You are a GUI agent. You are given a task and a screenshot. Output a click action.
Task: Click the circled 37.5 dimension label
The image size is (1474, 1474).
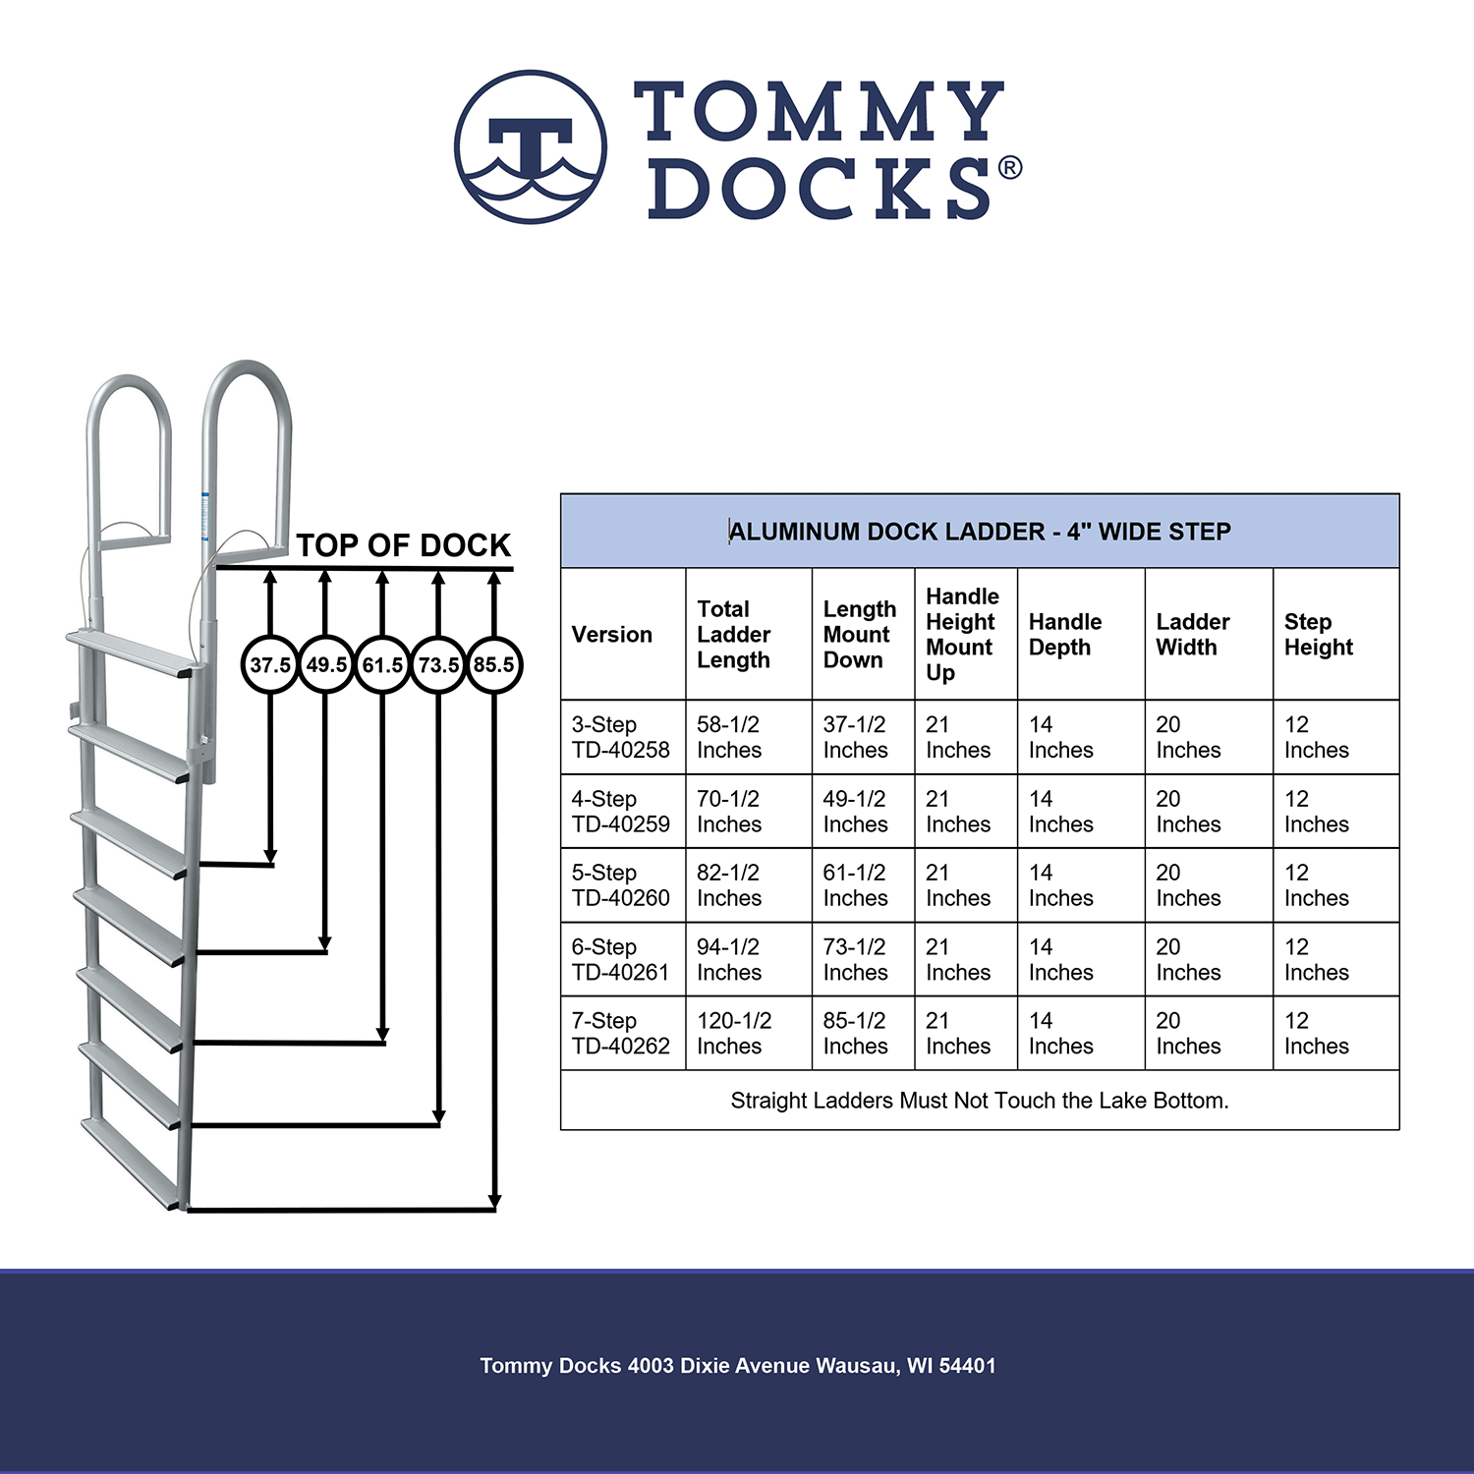(269, 665)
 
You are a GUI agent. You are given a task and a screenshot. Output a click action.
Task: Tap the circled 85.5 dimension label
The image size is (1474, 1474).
(493, 665)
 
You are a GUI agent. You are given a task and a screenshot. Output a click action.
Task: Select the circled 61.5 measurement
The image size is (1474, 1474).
(382, 665)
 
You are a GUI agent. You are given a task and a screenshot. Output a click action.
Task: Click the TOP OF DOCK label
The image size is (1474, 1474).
(404, 545)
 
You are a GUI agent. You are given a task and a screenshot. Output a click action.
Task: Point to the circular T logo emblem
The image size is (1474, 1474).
(531, 147)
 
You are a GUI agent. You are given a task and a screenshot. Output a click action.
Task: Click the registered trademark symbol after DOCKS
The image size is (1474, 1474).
(1009, 168)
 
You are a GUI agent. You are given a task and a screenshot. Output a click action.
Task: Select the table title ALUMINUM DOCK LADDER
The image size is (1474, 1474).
(980, 532)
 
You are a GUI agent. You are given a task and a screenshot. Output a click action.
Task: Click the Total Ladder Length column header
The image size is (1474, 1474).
(733, 635)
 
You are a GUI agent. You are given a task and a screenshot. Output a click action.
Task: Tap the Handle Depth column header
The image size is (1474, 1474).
(1065, 635)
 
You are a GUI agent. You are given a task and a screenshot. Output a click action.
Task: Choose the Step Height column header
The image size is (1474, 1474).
(1319, 635)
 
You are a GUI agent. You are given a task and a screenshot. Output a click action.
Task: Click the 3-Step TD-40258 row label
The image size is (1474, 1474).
(621, 737)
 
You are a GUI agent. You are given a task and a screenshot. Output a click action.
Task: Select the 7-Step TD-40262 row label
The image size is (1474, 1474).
(621, 1034)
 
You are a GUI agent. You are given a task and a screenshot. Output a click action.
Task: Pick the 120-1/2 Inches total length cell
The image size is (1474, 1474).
(734, 1034)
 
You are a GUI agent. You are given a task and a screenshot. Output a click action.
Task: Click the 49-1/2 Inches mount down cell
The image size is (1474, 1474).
(855, 812)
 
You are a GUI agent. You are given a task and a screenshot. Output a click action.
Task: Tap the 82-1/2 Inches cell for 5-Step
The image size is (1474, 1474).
(729, 885)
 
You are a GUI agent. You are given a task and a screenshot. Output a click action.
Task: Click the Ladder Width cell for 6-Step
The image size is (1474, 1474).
(1188, 960)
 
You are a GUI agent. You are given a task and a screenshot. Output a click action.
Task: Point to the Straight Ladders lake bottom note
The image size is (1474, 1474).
(980, 1101)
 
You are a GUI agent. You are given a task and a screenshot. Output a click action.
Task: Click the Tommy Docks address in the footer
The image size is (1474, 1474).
(738, 1366)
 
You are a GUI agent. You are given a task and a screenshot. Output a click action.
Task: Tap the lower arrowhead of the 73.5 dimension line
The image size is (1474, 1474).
(439, 1117)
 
